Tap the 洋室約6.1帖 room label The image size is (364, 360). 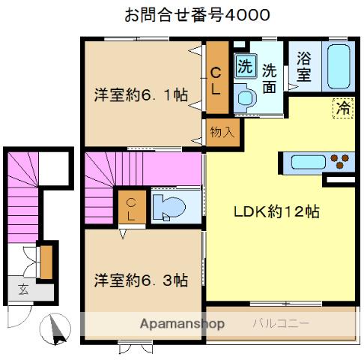coord(140,95)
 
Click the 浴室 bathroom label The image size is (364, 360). coord(303,66)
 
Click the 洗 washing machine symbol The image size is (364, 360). coord(244,65)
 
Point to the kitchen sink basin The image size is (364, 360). coord(307,162)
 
